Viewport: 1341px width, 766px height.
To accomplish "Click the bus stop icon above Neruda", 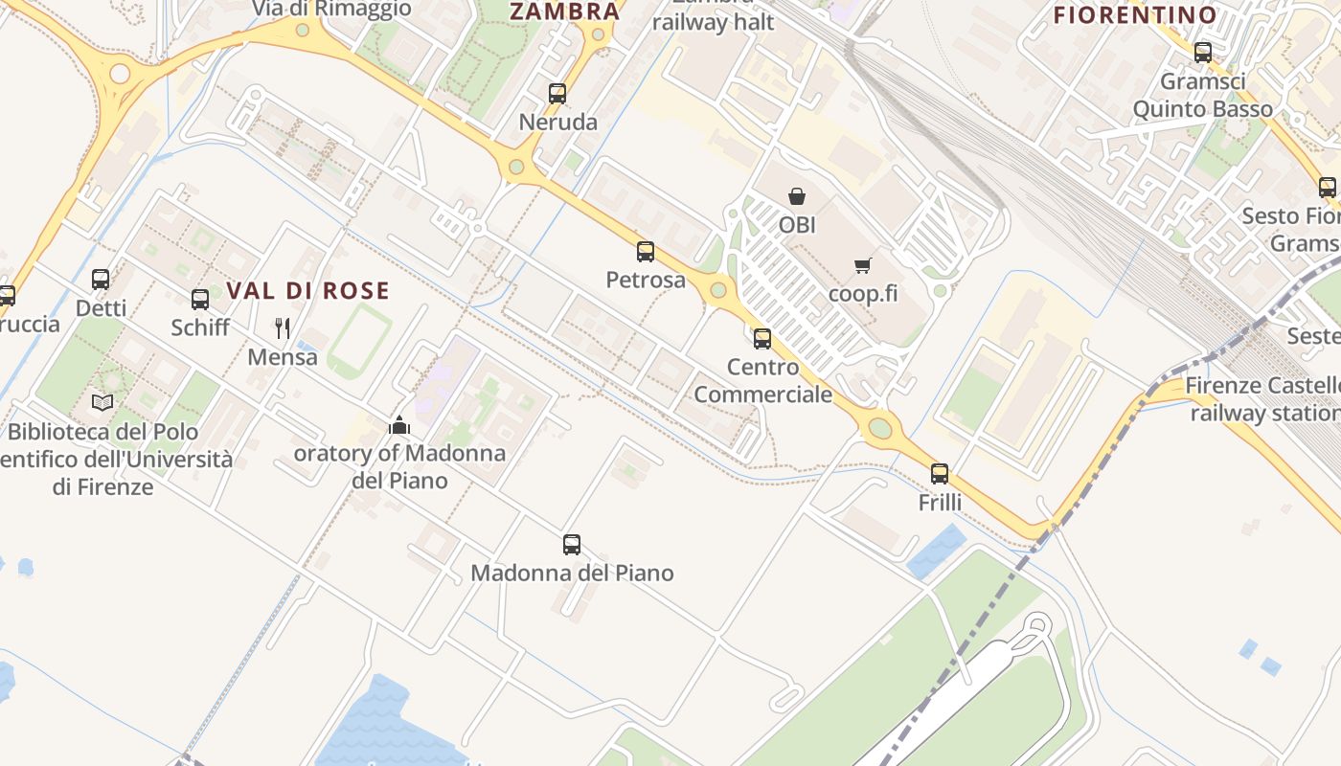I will (x=557, y=94).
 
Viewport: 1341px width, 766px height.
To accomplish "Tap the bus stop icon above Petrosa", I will (x=646, y=252).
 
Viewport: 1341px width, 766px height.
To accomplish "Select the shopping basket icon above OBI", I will (x=797, y=196).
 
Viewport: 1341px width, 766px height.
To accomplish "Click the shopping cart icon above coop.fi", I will (x=863, y=265).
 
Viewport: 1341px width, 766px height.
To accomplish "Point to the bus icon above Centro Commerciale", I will (x=762, y=338).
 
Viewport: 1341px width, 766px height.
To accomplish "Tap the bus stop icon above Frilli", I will (x=940, y=474).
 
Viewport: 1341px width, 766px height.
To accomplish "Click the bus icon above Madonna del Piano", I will (x=572, y=545).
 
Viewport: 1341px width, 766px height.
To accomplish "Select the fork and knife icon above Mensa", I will (x=283, y=328).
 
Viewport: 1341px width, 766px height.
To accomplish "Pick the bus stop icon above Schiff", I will (x=200, y=300).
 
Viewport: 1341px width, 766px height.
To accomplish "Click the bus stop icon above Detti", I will (x=101, y=280).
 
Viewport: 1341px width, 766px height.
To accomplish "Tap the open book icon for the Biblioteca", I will (x=102, y=403).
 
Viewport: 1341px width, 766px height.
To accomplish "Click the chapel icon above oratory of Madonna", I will (x=399, y=425).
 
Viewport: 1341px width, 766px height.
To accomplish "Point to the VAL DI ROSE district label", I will (x=308, y=290).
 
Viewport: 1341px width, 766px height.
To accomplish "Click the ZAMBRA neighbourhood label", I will (x=565, y=11).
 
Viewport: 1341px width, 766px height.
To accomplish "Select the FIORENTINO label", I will (x=1135, y=15).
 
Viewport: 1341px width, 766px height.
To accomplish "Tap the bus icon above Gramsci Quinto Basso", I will (x=1203, y=53).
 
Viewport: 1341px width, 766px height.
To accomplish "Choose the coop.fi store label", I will (x=863, y=293).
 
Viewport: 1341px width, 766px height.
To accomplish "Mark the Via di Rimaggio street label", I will (x=331, y=9).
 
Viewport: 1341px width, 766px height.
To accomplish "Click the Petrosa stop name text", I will (x=646, y=280).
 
